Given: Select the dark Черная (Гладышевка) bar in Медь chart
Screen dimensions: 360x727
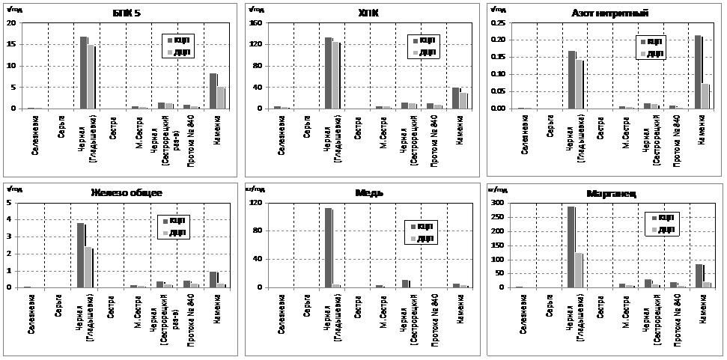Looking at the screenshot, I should click(328, 248).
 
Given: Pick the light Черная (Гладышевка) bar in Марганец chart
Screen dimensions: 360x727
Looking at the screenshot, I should click(578, 270).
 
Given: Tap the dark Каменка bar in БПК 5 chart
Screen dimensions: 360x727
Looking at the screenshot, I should click(213, 91).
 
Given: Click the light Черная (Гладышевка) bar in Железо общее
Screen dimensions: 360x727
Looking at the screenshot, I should click(88, 267).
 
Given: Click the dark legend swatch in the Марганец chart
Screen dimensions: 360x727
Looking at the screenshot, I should click(651, 218).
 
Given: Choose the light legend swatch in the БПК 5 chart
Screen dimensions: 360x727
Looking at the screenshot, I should click(169, 52).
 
